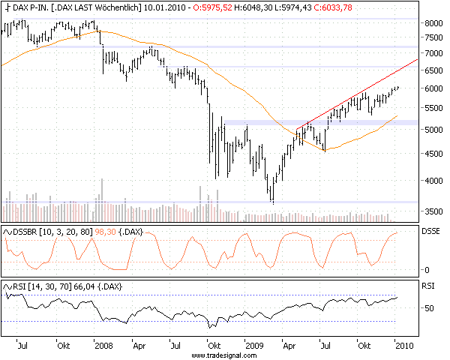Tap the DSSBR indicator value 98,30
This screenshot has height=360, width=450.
(x=105, y=232)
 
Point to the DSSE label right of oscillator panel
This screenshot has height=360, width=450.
(x=431, y=232)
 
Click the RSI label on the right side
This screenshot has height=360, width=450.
(x=427, y=286)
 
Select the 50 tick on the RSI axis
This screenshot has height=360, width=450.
(x=427, y=308)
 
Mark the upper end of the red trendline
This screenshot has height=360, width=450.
(x=417, y=59)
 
